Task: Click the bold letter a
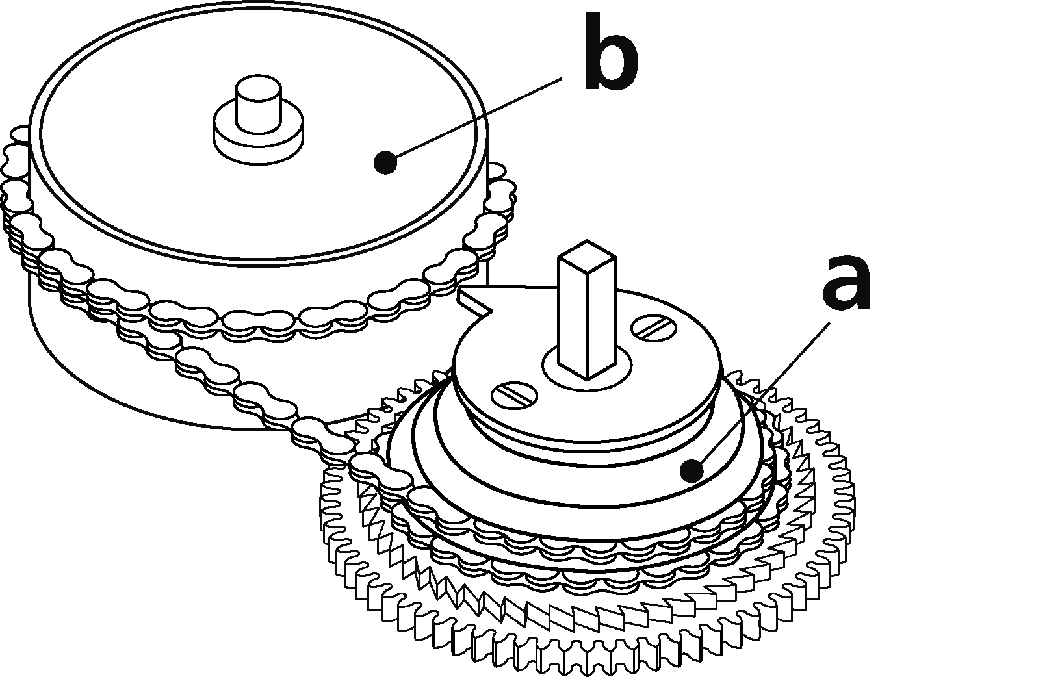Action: [846, 284]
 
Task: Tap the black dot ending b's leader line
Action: [385, 162]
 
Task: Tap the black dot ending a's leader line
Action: [691, 471]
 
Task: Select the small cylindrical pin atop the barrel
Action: [259, 104]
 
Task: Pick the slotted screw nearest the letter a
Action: [654, 327]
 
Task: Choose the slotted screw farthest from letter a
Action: [514, 395]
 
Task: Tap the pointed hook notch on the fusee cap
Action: [476, 303]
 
